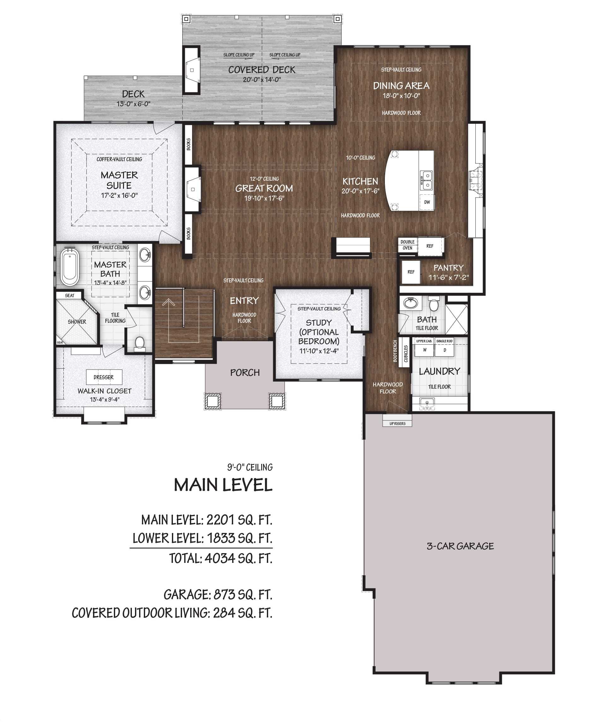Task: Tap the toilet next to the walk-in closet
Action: click(139, 343)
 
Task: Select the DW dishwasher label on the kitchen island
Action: click(427, 202)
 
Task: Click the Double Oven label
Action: click(408, 245)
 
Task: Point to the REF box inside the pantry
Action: click(411, 272)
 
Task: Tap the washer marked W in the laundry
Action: click(425, 350)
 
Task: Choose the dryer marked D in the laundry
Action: click(444, 350)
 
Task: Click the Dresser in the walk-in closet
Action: click(104, 377)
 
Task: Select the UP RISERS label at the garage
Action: click(397, 423)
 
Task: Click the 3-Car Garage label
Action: click(460, 546)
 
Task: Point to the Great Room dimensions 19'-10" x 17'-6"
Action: click(264, 198)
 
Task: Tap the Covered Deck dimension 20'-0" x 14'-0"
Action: click(262, 80)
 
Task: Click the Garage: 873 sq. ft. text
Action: click(218, 594)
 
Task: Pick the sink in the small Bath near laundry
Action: click(411, 304)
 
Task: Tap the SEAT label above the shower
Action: click(69, 296)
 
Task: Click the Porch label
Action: click(245, 373)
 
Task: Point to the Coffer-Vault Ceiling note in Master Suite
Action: click(119, 159)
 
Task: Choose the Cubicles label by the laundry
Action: click(406, 353)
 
